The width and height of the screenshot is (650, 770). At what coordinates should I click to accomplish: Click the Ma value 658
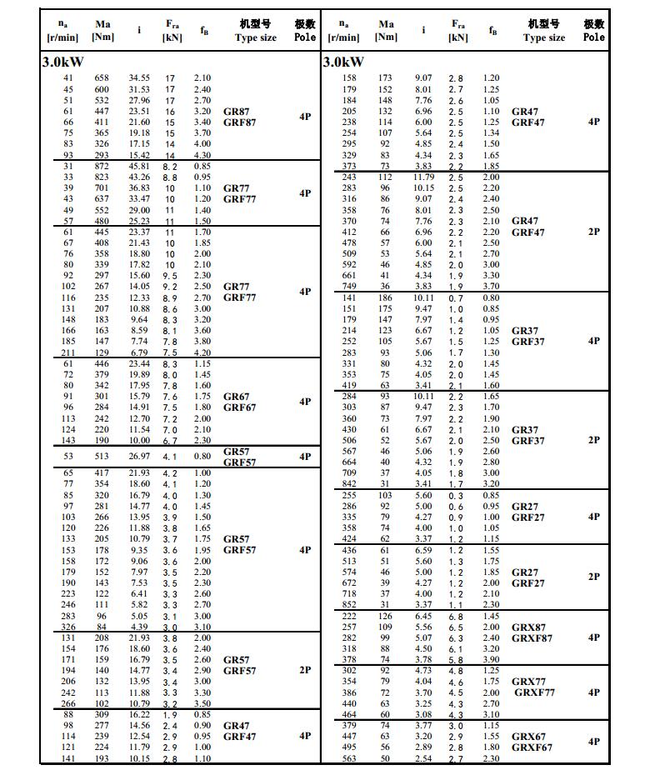click(102, 78)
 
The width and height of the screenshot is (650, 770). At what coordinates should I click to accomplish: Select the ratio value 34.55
click(139, 78)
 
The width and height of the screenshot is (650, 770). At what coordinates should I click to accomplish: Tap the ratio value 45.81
click(139, 166)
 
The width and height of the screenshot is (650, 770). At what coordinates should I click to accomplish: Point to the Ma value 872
click(102, 166)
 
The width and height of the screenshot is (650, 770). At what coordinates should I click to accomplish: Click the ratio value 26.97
click(139, 457)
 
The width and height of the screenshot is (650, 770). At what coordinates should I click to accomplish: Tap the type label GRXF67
click(531, 747)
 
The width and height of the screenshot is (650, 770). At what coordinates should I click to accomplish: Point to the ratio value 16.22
click(139, 715)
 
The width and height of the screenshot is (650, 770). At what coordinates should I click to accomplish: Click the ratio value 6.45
click(424, 616)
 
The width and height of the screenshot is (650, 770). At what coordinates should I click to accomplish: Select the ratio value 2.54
click(424, 758)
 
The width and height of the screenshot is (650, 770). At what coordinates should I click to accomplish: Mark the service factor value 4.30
click(202, 155)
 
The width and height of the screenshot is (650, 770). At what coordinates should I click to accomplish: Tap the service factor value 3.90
click(491, 660)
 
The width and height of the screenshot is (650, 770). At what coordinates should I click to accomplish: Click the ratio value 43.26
click(139, 177)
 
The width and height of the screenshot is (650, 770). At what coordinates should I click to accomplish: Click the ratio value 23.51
click(139, 111)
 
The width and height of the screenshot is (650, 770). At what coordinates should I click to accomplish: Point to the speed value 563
click(349, 758)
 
